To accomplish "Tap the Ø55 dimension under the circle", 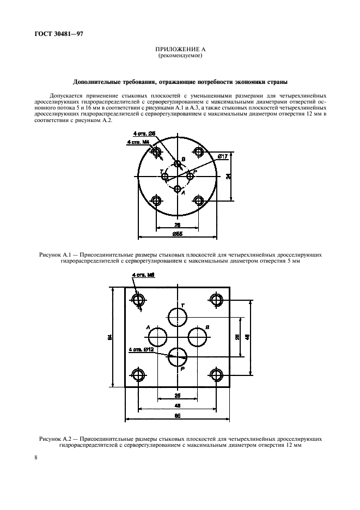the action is click(178, 234).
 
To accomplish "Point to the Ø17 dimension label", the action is click(222, 157).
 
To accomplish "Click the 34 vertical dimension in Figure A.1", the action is click(228, 176).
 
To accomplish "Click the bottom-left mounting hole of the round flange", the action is click(157, 201).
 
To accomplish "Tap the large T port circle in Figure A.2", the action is click(178, 316).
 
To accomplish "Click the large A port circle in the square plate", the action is click(157, 336).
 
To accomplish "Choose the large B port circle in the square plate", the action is click(197, 336).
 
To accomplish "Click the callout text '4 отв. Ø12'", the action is click(140, 349).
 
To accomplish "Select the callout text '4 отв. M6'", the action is click(144, 275).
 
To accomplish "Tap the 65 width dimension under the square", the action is click(178, 416).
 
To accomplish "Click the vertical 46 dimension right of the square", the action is click(248, 337).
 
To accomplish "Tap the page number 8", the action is click(36, 458).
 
